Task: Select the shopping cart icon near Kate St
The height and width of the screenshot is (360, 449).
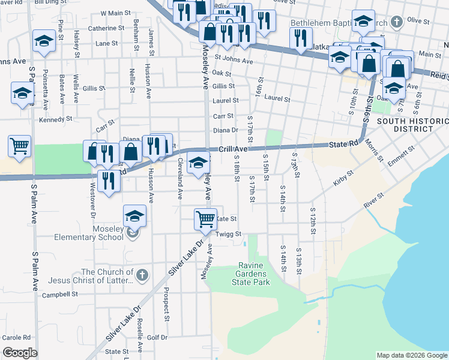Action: [205, 220]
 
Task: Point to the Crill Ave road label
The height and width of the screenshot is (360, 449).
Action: [233, 149]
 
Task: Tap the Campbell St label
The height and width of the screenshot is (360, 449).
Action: [60, 295]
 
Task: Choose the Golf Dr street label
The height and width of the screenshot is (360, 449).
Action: [157, 338]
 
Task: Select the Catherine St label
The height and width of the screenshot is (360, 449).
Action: [106, 28]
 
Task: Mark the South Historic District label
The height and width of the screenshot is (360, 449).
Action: [412, 125]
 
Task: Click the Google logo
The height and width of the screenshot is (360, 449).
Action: [20, 353]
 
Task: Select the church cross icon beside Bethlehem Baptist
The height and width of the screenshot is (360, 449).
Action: [396, 23]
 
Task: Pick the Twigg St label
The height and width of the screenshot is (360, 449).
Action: [229, 234]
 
